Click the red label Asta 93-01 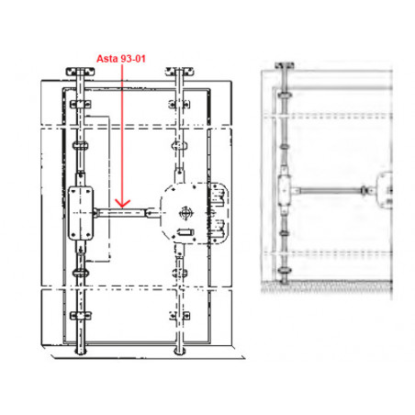(121, 59)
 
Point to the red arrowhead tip (122, 207)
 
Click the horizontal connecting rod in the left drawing (122, 212)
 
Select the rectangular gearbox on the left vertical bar (81, 213)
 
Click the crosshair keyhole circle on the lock (185, 213)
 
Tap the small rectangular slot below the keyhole (185, 232)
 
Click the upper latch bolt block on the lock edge (219, 196)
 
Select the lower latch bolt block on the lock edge (219, 230)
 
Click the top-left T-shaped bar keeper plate (80, 72)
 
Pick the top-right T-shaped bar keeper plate (179, 72)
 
